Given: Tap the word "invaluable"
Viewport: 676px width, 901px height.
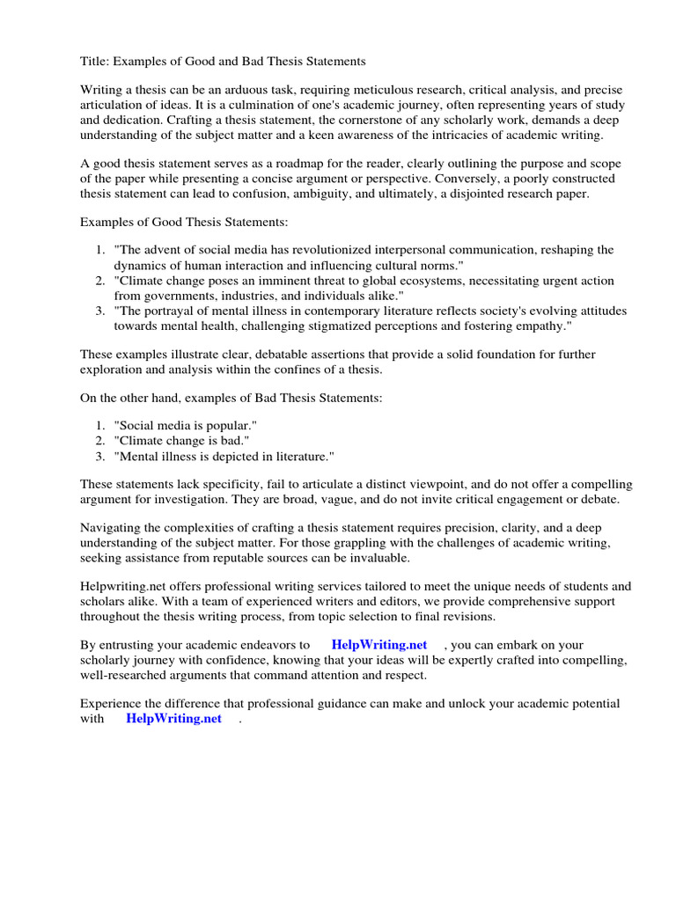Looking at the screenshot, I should pos(373,558).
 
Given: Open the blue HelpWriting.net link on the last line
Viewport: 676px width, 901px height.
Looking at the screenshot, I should pos(173,718).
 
